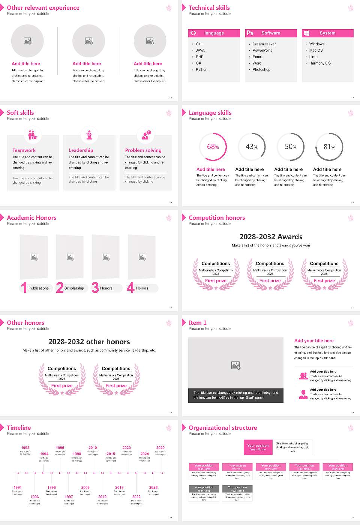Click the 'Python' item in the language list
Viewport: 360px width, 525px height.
[201, 70]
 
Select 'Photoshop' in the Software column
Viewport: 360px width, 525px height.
[261, 70]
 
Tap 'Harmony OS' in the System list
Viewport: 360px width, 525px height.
[319, 63]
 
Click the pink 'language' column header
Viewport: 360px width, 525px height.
[214, 33]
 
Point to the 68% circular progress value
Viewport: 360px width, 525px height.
[213, 147]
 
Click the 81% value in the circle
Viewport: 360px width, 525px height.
[329, 147]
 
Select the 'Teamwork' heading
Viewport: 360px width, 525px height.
[24, 150]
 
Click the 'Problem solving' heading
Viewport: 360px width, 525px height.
[143, 150]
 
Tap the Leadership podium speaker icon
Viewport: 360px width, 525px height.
[89, 135]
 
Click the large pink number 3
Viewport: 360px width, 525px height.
[95, 288]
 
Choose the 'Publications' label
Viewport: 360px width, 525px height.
[38, 288]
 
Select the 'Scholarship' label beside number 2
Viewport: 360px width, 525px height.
[74, 288]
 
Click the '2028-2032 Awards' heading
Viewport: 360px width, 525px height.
[271, 237]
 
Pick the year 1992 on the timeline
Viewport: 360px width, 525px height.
[25, 448]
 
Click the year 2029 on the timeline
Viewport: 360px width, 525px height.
[160, 448]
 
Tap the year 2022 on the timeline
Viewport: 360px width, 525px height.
[136, 497]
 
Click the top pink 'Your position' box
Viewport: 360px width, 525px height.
[258, 447]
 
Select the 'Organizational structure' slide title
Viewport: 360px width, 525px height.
[223, 428]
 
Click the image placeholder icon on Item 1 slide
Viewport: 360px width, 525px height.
[236, 365]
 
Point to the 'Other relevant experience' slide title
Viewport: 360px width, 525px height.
[43, 8]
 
